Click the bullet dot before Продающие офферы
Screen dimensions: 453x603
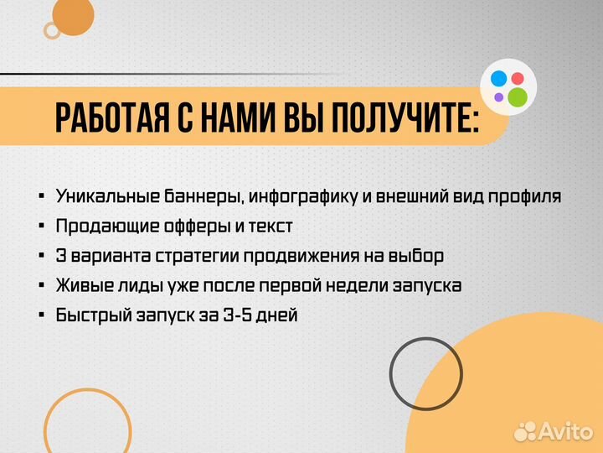pos(41,226)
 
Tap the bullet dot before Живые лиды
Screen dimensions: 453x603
pos(41,286)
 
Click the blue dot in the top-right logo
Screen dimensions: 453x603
pos(498,80)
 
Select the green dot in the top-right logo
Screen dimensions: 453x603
pos(518,96)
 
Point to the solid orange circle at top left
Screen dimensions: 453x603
pos(73,14)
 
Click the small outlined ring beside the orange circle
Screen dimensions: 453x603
pos(52,31)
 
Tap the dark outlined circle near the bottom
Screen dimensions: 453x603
pos(426,374)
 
